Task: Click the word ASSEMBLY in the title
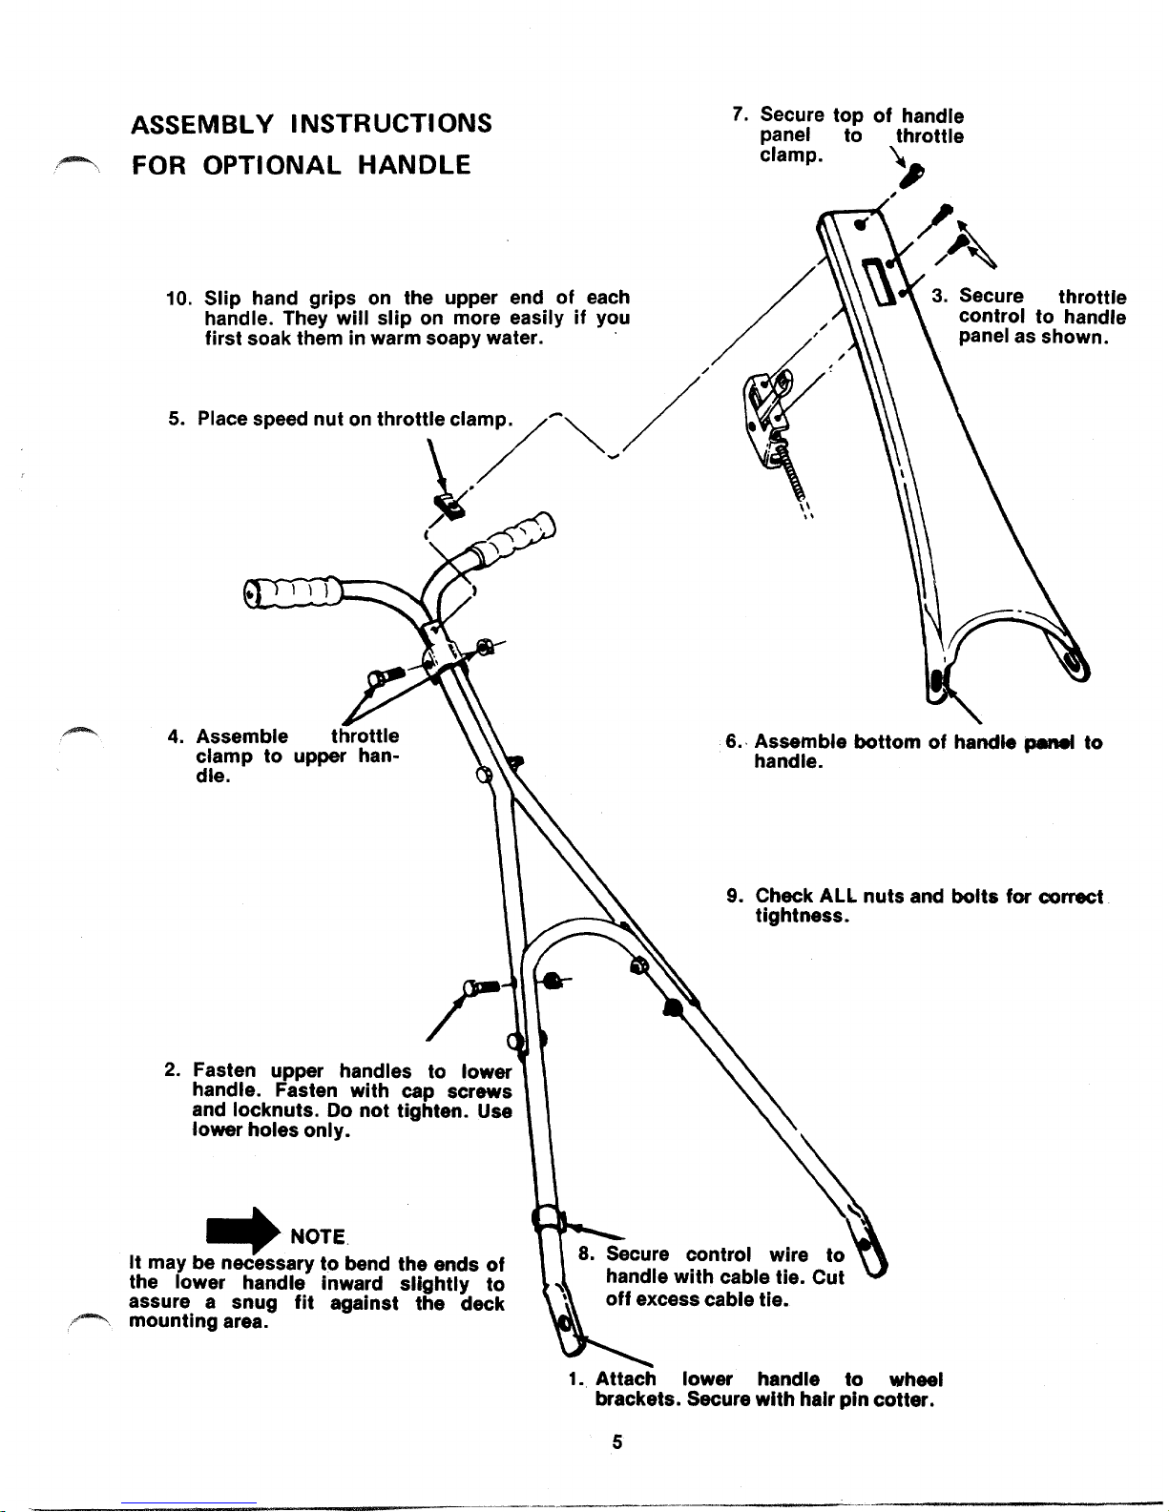(x=195, y=124)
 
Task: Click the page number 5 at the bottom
(x=617, y=1442)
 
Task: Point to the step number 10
(x=177, y=297)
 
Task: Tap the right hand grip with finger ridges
(x=515, y=540)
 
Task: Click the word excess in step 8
(x=667, y=1298)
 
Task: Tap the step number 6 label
(x=734, y=742)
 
